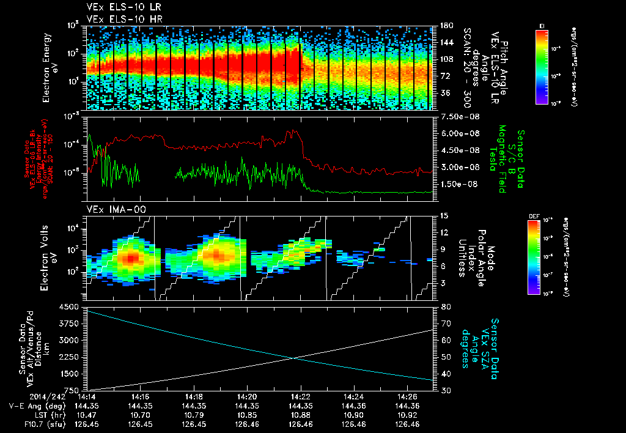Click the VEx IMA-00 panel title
point(111,209)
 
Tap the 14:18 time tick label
point(194,397)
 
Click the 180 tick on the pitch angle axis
point(446,26)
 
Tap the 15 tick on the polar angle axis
point(444,216)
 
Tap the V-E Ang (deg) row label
point(35,405)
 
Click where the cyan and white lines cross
point(295,358)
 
